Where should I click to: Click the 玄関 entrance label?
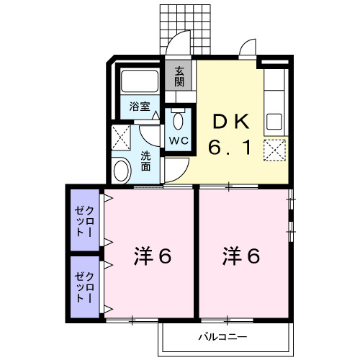click(179, 76)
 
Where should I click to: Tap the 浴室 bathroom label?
click(140, 107)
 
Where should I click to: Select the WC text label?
click(179, 140)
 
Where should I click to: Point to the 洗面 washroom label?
click(146, 161)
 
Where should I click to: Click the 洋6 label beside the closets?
click(153, 256)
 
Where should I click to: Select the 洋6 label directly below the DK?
click(242, 256)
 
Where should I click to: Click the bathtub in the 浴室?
click(138, 82)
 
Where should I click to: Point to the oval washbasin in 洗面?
click(122, 171)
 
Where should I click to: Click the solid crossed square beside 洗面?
click(121, 135)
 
